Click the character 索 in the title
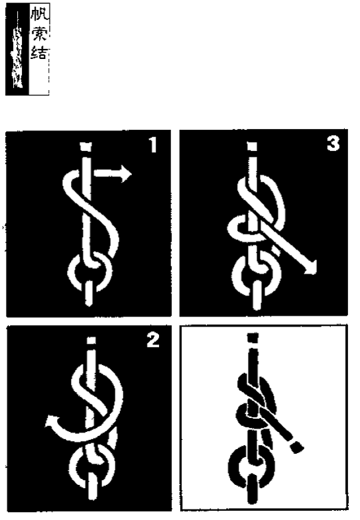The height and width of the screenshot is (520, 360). pyautogui.click(x=40, y=34)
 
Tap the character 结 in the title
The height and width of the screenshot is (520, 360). pyautogui.click(x=40, y=53)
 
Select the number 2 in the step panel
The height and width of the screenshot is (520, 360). pyautogui.click(x=153, y=340)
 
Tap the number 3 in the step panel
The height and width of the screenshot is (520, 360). pyautogui.click(x=333, y=144)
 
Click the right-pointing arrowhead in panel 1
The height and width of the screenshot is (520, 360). pyautogui.click(x=126, y=174)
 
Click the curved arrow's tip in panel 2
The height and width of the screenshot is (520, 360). pyautogui.click(x=50, y=420)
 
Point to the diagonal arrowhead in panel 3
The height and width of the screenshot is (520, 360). pyautogui.click(x=310, y=268)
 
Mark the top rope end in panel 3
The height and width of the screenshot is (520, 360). pyautogui.click(x=253, y=145)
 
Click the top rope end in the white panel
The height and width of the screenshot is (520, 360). pyautogui.click(x=253, y=338)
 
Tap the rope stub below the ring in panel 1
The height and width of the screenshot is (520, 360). pyautogui.click(x=89, y=293)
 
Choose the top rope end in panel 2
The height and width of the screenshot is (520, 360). pyautogui.click(x=91, y=340)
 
